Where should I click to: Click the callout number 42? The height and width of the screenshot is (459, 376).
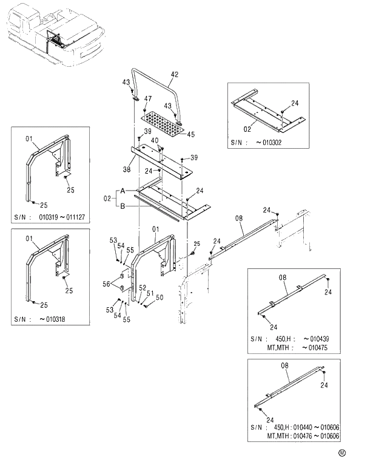point(175,75)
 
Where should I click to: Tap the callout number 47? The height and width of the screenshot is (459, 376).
point(147,98)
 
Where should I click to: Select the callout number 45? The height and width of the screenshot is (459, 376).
point(191,134)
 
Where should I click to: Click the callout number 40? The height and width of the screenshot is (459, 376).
point(155,140)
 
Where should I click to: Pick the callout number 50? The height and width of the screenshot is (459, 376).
point(159,297)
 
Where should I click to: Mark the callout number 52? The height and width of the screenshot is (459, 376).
point(143,287)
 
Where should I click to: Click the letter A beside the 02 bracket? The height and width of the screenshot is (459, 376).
point(122,191)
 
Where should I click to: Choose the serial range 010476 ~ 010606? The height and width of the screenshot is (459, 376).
point(314,436)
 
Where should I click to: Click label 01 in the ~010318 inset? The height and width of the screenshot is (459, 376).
point(28,239)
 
